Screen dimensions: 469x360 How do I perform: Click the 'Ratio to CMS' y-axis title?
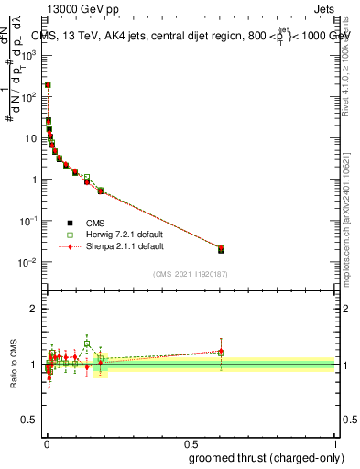click(14, 365)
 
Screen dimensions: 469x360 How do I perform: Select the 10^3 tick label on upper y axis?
click(30, 54)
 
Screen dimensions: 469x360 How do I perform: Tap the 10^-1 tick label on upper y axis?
click(30, 222)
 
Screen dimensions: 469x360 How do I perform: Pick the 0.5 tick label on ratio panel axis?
click(30, 420)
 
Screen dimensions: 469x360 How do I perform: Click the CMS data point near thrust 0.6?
click(221, 250)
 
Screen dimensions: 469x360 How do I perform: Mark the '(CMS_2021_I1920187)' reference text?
click(190, 273)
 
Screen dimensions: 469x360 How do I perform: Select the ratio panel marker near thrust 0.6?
click(221, 352)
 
